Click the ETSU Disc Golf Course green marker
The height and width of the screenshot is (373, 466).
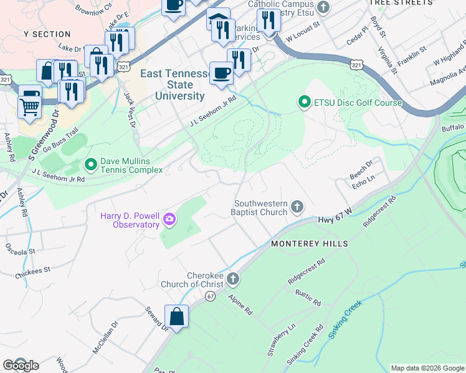(x=304, y=102)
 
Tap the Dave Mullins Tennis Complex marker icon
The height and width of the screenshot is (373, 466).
(x=90, y=165)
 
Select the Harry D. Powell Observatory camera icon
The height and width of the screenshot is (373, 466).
(x=169, y=219)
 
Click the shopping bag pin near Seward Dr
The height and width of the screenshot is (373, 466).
(x=177, y=316)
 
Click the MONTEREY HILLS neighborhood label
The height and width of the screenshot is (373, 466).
(x=309, y=244)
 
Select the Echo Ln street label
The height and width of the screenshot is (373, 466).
(x=362, y=177)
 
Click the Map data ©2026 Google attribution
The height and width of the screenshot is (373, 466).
(x=427, y=368)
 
